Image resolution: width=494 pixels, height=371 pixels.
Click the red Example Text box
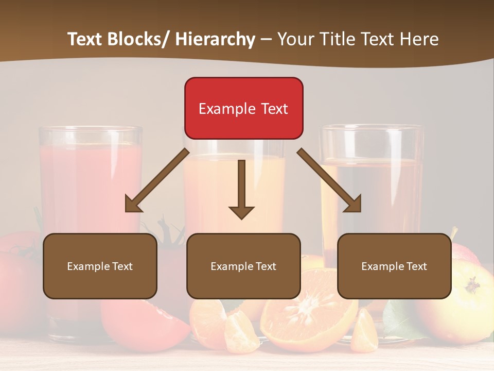pyautogui.click(x=243, y=108)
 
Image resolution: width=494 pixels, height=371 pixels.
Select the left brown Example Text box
pyautogui.click(x=100, y=266)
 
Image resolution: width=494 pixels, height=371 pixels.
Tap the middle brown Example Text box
pyautogui.click(x=243, y=266)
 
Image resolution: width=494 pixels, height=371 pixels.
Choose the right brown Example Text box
pyautogui.click(x=394, y=266)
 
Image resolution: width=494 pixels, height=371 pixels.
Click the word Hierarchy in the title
pyautogui.click(x=215, y=39)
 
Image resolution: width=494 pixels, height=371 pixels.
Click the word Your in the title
pyautogui.click(x=295, y=39)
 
